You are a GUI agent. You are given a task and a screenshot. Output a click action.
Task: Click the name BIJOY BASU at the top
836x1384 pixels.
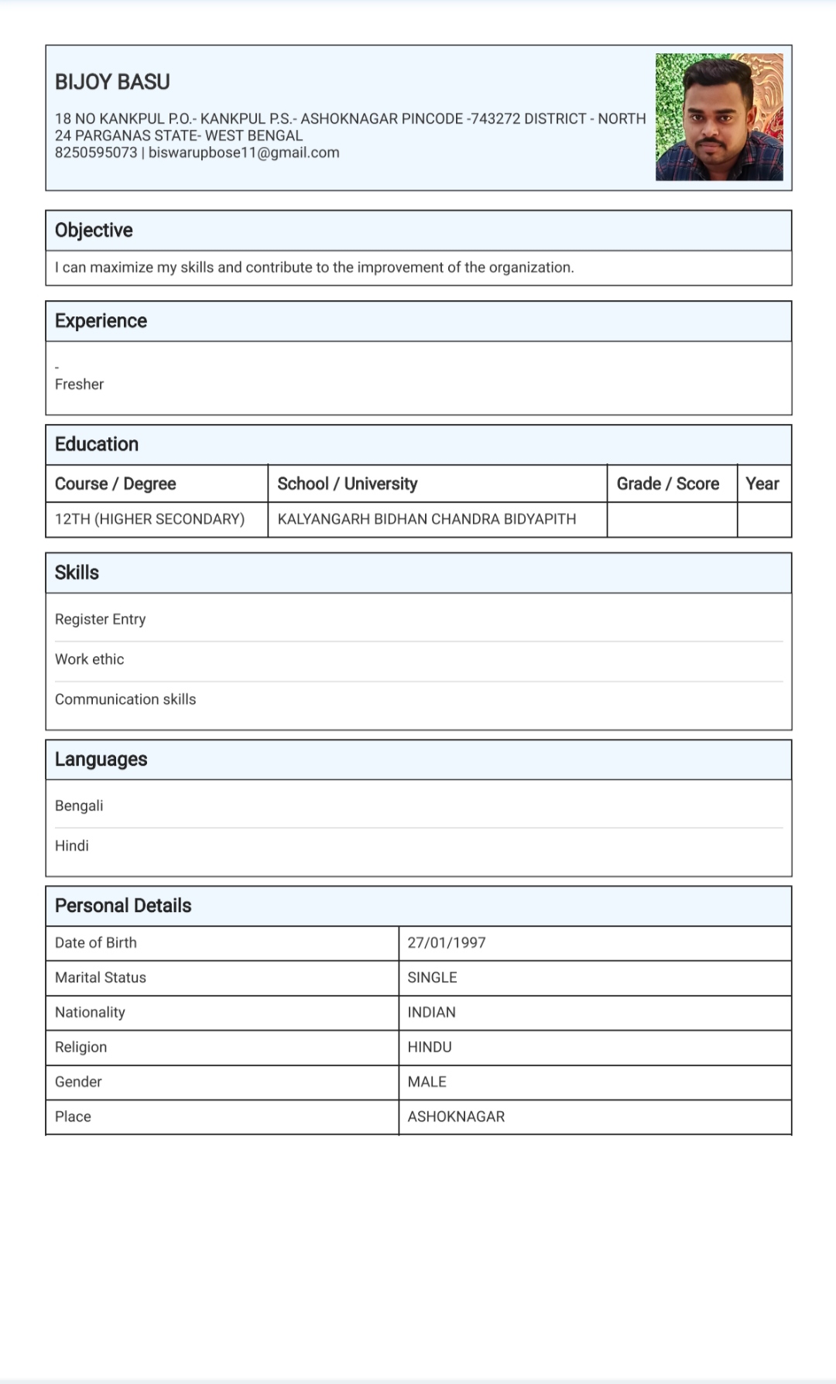(112, 82)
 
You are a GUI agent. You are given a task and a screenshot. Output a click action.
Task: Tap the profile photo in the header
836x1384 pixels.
(719, 117)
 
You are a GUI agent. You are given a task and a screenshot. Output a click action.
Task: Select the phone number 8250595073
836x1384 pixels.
(96, 152)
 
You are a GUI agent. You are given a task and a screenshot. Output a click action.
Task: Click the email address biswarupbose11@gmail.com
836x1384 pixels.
(244, 152)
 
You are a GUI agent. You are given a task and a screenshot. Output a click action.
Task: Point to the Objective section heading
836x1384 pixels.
(94, 231)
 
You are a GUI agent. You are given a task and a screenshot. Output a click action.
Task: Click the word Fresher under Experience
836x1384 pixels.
(79, 384)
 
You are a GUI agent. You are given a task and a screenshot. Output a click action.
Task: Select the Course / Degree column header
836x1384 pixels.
(115, 484)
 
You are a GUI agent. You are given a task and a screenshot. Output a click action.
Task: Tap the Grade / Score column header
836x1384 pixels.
(668, 484)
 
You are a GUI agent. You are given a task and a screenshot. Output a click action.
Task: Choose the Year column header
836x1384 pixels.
(762, 484)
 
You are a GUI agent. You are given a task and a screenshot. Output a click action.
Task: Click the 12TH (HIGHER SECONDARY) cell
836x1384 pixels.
(149, 519)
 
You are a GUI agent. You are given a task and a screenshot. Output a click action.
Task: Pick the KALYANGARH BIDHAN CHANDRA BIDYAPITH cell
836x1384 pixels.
(427, 519)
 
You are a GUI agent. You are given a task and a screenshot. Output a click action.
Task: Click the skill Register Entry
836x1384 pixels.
(100, 619)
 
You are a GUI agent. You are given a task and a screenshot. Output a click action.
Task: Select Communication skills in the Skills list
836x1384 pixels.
(125, 699)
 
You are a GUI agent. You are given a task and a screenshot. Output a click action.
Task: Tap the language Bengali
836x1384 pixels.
(79, 805)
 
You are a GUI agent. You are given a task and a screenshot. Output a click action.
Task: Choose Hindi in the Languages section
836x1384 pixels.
(72, 846)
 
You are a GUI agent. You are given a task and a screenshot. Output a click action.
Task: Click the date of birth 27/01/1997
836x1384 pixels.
(447, 942)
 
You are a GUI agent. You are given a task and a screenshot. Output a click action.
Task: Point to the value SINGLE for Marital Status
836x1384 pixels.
(432, 977)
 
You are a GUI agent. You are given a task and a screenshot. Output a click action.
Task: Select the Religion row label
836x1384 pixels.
(81, 1047)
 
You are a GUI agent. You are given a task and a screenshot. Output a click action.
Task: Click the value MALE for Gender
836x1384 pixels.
(427, 1082)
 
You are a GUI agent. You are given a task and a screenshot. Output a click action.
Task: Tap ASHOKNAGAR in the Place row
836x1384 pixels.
(456, 1116)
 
